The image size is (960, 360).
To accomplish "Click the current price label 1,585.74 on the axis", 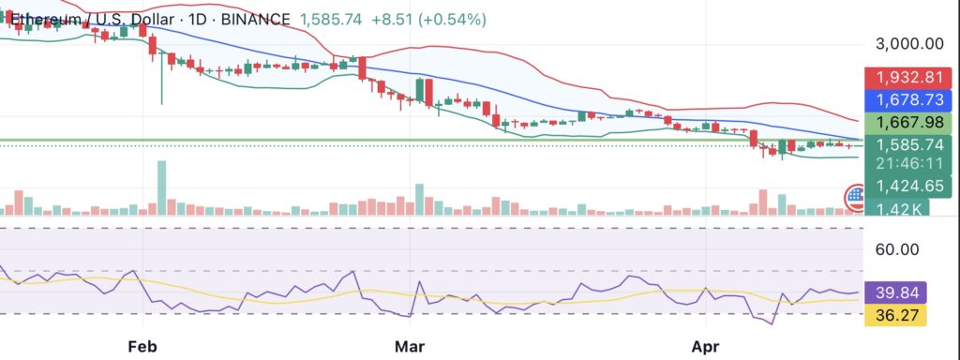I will (x=908, y=145).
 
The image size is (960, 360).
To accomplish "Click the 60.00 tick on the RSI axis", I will (x=897, y=249).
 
